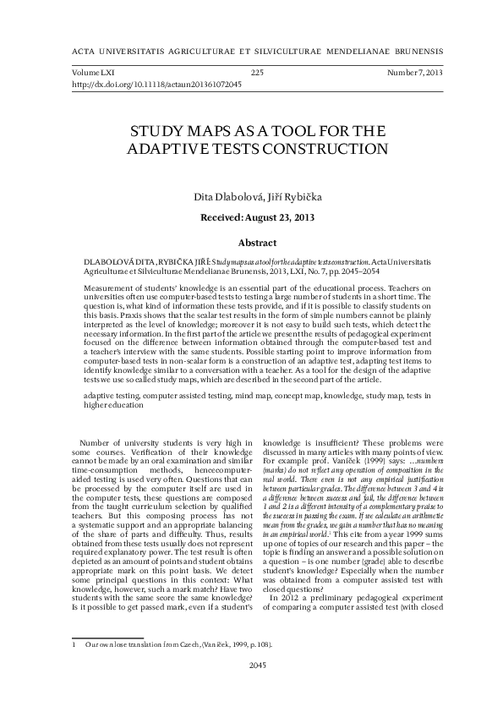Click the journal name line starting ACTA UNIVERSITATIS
click(251, 49)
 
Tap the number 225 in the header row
click(258, 74)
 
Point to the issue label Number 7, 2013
click(414, 74)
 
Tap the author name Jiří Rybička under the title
click(287, 197)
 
